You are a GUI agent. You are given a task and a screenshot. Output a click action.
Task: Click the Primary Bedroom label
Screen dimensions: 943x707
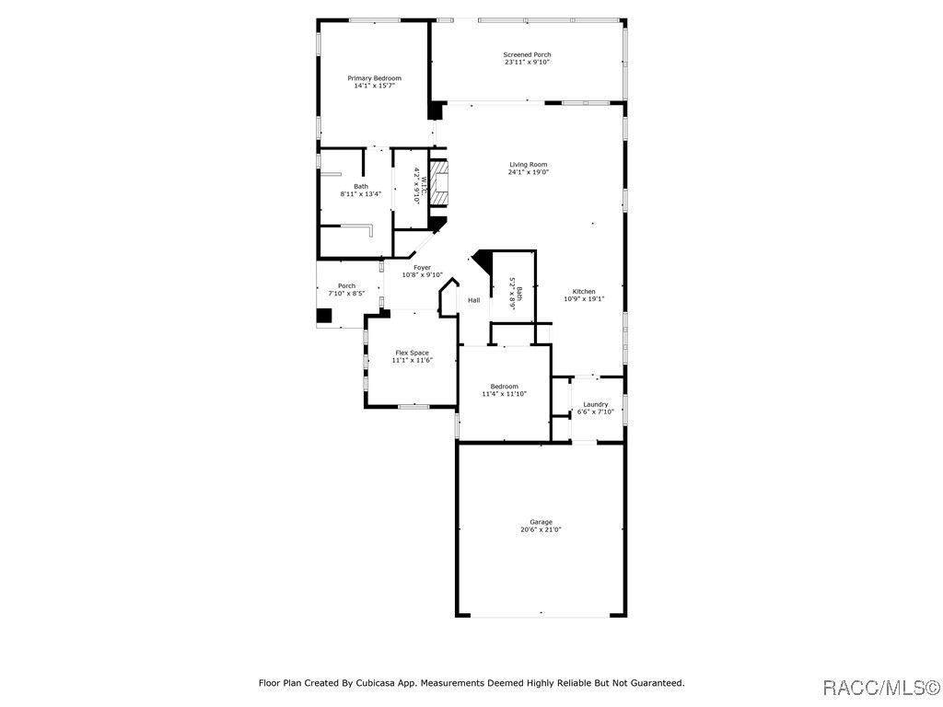(374, 78)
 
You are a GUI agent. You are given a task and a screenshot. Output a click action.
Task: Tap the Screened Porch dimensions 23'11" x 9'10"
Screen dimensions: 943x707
(528, 62)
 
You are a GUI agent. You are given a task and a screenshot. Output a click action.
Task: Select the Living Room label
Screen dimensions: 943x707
(529, 164)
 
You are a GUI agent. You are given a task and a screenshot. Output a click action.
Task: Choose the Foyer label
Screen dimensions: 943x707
(422, 268)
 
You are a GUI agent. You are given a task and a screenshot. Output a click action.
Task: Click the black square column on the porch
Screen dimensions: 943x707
(324, 316)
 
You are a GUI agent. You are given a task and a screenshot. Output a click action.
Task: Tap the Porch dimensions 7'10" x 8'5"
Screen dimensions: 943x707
(346, 294)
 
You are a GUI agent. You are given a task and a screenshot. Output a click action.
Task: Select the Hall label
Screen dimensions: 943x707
(474, 300)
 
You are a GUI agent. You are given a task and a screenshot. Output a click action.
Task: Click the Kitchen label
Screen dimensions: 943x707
(584, 292)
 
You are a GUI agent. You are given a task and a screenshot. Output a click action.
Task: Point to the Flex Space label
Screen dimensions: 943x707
(412, 353)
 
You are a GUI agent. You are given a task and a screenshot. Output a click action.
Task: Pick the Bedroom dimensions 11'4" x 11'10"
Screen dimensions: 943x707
(504, 394)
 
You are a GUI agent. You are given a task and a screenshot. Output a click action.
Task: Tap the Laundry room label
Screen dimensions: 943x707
(596, 405)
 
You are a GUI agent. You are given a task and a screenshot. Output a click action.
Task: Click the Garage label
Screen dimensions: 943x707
(541, 523)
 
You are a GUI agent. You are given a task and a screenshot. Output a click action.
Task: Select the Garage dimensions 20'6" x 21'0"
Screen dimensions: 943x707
(541, 529)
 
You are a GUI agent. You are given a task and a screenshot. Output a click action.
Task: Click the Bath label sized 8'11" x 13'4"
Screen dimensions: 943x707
(361, 186)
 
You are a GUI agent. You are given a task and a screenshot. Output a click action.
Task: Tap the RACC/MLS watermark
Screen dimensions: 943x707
(880, 687)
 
